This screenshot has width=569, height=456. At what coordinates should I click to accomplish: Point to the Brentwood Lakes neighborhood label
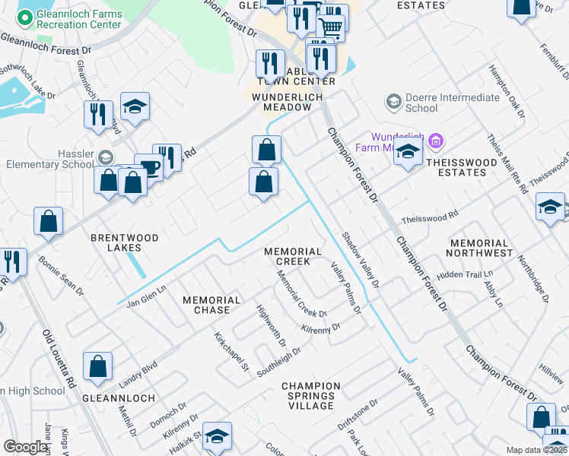point(126,242)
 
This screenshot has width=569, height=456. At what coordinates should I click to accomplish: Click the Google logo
point(26,447)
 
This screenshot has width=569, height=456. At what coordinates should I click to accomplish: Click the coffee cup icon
point(148,167)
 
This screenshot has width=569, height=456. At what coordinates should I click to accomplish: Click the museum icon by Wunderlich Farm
point(436,141)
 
